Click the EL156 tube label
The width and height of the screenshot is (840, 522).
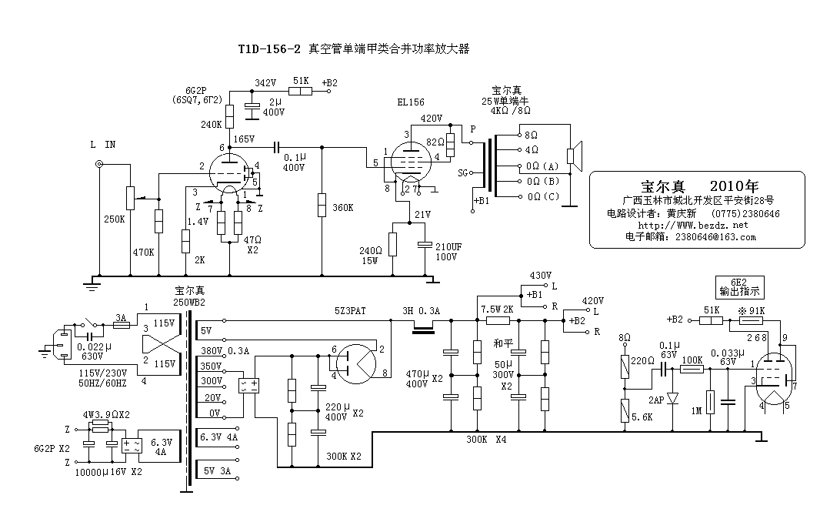412,102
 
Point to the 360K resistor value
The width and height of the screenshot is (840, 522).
342,207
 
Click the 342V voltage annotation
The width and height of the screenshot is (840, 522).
265,82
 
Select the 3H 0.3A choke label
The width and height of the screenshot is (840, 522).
422,311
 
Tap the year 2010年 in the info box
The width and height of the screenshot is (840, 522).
735,186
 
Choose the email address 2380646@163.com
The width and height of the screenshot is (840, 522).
715,237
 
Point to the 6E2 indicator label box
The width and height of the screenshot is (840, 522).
739,287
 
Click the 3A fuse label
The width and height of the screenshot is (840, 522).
120,316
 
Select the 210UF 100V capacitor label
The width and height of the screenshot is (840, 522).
449,251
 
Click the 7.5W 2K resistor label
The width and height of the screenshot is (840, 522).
497,310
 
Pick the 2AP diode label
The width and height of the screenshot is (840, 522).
656,400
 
